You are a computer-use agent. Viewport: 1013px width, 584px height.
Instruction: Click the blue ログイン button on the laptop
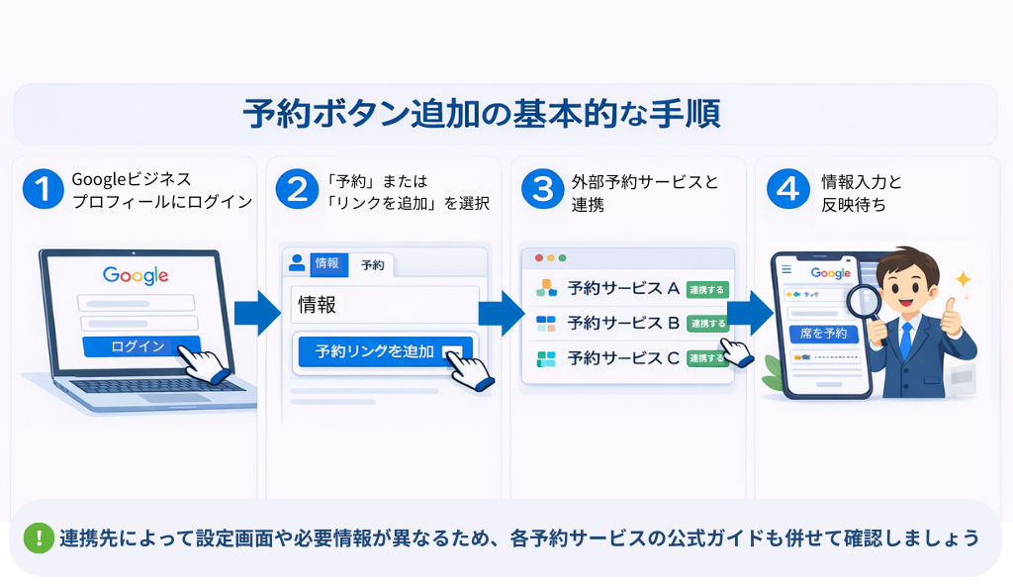(x=138, y=347)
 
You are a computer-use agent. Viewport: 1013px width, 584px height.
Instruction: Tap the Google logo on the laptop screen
(x=136, y=275)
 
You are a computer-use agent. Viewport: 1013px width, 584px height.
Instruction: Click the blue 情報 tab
(x=326, y=263)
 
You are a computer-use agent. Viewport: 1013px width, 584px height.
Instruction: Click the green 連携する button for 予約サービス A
(x=706, y=289)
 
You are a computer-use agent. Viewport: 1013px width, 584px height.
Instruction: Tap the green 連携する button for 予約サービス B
(x=706, y=324)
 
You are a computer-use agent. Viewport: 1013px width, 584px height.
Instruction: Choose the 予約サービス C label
(x=623, y=358)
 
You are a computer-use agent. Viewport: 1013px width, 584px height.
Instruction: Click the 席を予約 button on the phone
(x=823, y=334)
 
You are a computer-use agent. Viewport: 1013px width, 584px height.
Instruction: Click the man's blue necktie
(x=905, y=337)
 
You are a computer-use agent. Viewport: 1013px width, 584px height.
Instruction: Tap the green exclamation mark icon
(x=39, y=538)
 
